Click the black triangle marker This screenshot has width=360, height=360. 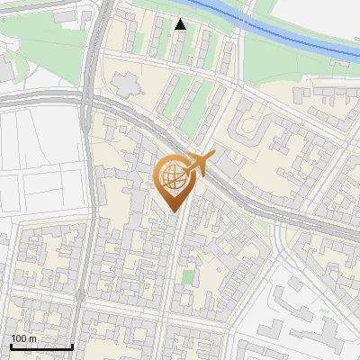point(181,24)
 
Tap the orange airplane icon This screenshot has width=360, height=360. point(199,165)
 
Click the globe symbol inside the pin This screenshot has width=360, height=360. point(173,176)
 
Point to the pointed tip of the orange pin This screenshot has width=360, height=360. point(174,210)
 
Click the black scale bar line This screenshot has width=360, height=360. point(41,346)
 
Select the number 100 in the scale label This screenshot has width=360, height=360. point(20,337)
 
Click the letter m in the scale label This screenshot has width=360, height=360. point(32,337)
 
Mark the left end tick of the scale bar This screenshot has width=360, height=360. point(11,345)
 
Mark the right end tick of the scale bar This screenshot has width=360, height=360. point(72,345)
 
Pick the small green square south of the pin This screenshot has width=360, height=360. point(187,276)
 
